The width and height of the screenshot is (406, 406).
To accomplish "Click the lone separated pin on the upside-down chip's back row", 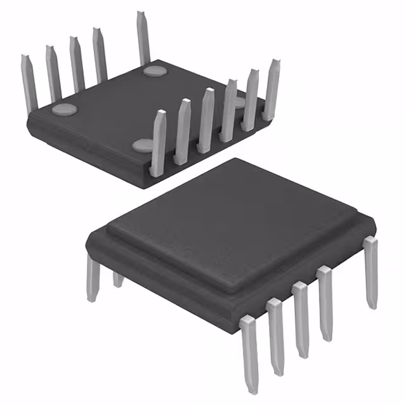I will pos(142,38).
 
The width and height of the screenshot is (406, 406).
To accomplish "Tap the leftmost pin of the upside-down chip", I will pos(28,82).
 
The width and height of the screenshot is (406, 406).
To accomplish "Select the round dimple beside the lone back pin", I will pos(154,70).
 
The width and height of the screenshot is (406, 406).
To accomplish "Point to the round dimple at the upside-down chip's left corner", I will pos(63,109).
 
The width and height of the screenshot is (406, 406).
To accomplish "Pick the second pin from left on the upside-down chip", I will pos(52,70).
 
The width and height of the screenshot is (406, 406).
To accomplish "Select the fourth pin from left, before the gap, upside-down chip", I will pos(100,53).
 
